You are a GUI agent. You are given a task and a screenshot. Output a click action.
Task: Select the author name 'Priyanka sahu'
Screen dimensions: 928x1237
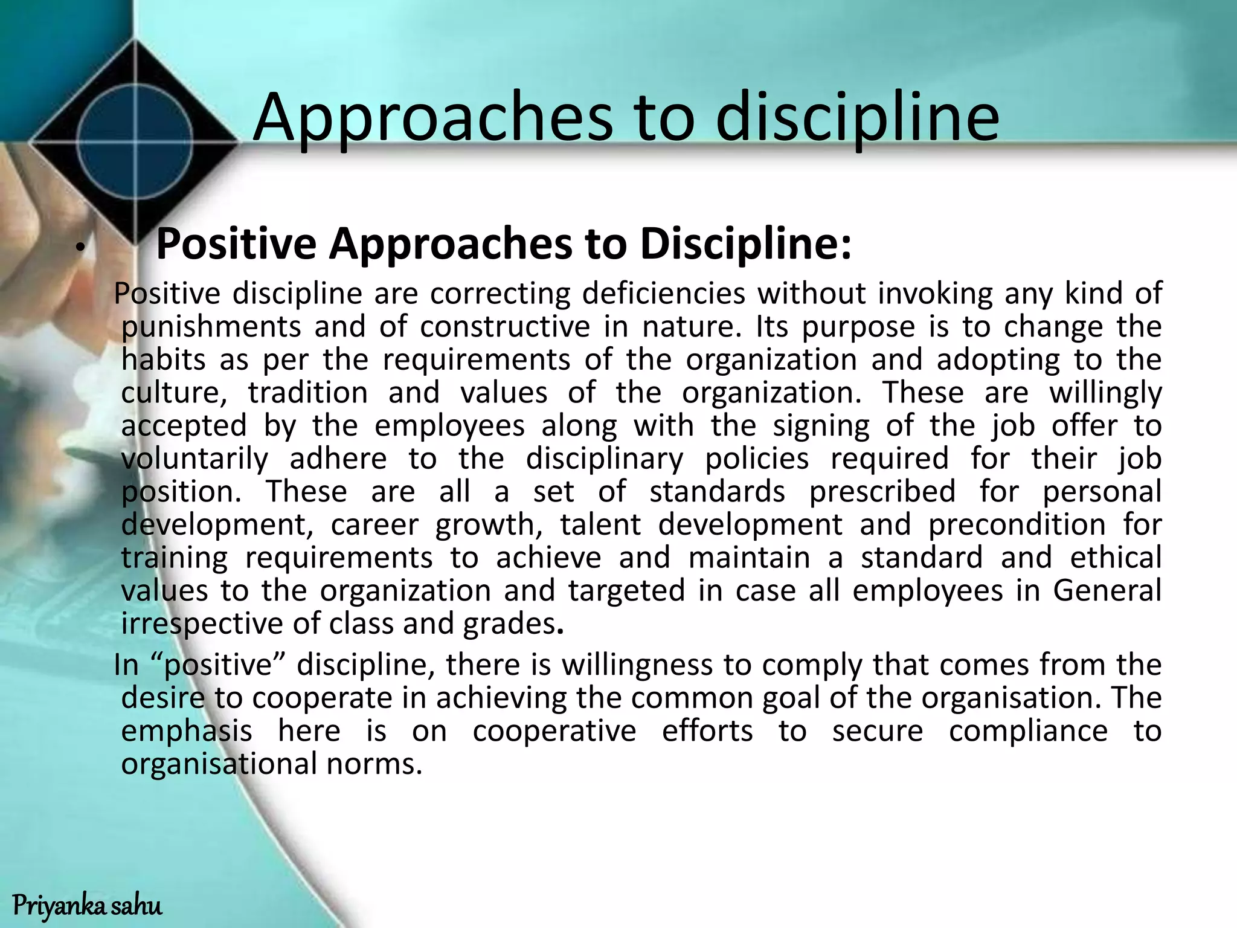[88, 906]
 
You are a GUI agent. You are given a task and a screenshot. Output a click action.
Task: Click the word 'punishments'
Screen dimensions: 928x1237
[211, 327]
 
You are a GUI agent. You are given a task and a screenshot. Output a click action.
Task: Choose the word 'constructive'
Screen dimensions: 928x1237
[505, 327]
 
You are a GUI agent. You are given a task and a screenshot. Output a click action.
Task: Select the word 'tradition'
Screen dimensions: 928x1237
[308, 393]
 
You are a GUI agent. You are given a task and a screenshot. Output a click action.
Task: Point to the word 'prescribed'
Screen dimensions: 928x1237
[882, 492]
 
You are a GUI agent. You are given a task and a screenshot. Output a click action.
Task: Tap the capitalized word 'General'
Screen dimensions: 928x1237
[1107, 591]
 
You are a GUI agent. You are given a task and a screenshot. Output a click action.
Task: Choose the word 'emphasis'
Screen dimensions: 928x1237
[187, 731]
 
